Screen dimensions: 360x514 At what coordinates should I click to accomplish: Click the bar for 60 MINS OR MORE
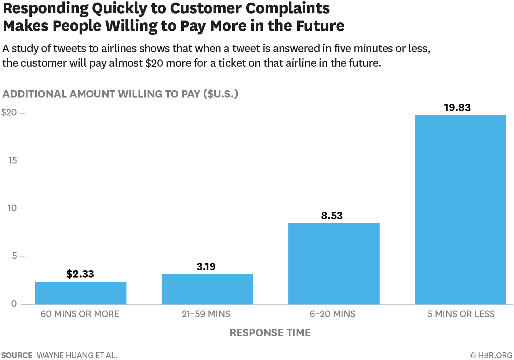[x=81, y=293]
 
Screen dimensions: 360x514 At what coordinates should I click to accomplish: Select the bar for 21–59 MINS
[x=207, y=289]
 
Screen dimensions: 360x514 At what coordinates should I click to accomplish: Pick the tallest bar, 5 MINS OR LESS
[x=460, y=209]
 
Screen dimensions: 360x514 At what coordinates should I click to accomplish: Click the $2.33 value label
[x=80, y=274]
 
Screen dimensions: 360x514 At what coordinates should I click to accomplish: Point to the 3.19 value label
[x=206, y=267]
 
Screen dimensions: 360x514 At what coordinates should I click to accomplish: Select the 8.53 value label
[x=332, y=216]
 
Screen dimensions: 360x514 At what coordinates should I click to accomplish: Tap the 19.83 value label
[x=457, y=107]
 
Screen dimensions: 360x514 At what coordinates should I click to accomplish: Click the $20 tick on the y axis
[x=9, y=113]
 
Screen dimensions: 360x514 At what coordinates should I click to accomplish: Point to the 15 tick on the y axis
[x=12, y=160]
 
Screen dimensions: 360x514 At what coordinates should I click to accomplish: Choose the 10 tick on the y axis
[x=12, y=208]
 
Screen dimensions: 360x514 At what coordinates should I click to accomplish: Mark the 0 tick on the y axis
[x=14, y=304]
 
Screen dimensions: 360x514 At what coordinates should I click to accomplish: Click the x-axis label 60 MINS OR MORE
[x=80, y=314]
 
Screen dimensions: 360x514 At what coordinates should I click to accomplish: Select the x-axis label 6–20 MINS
[x=332, y=314]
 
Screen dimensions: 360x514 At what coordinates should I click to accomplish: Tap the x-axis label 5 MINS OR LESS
[x=461, y=314]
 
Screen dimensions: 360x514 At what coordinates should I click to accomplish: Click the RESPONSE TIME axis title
[x=270, y=333]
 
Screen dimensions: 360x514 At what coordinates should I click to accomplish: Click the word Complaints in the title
[x=288, y=8]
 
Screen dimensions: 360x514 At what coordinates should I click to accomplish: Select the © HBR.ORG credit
[x=491, y=355]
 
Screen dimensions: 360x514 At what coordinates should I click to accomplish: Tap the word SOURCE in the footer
[x=17, y=355]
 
